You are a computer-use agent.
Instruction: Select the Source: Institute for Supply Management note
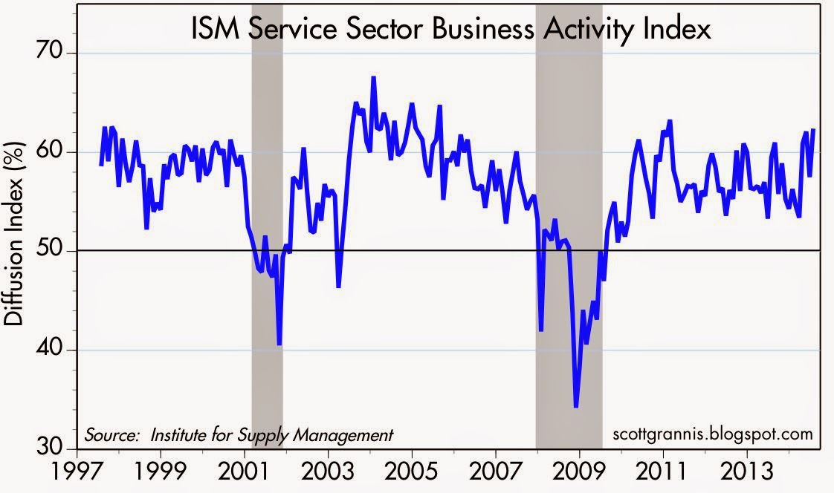pyautogui.click(x=239, y=434)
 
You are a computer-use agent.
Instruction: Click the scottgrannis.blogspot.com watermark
pyautogui.click(x=713, y=434)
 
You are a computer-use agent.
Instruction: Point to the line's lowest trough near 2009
pyautogui.click(x=576, y=406)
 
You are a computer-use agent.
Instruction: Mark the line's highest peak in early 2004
pyautogui.click(x=373, y=77)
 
